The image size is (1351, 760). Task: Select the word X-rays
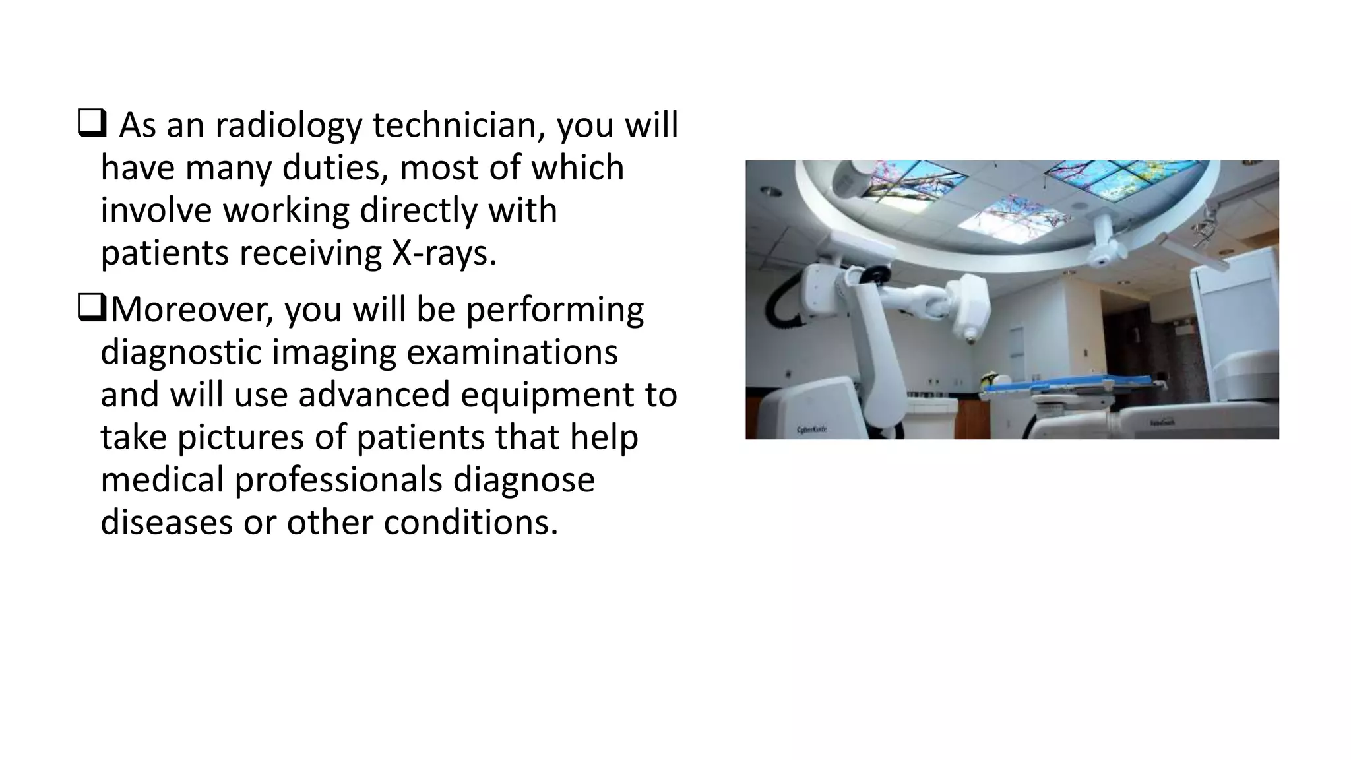click(443, 253)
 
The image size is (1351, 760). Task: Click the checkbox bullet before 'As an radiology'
click(91, 123)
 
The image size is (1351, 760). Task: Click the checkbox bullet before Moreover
click(91, 308)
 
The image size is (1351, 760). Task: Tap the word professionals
click(338, 479)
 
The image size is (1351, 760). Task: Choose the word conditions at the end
click(470, 522)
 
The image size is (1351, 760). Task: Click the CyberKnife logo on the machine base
click(812, 429)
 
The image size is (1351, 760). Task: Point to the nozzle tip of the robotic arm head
click(970, 339)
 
